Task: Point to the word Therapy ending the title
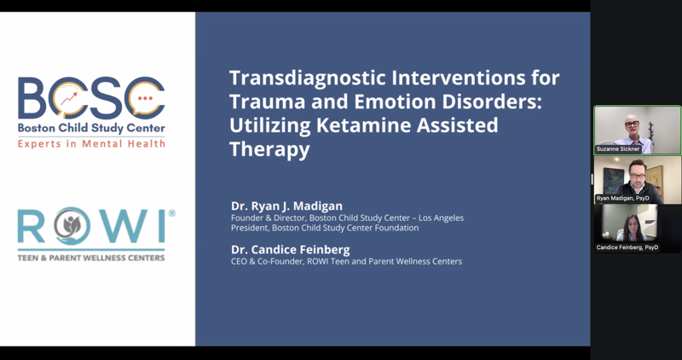point(269,149)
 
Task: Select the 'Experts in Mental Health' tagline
point(92,142)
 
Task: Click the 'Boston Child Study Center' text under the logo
point(92,129)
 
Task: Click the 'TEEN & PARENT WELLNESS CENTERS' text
point(92,256)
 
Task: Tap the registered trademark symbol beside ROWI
point(171,213)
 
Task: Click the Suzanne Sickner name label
point(617,149)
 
